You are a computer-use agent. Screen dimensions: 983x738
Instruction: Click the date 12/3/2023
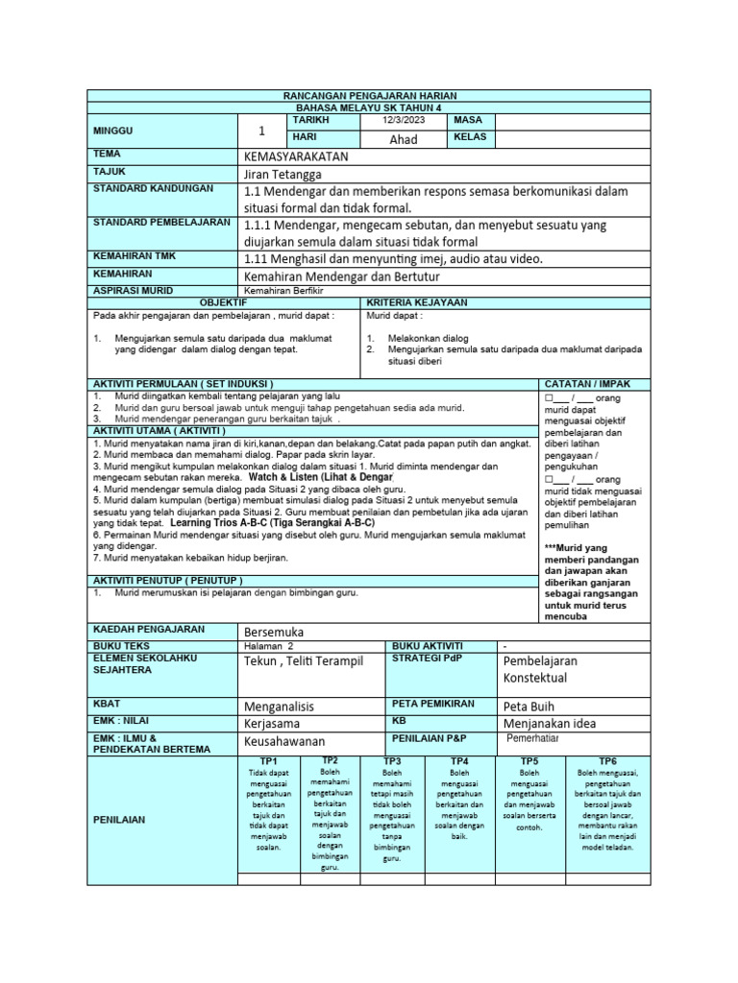pyautogui.click(x=402, y=121)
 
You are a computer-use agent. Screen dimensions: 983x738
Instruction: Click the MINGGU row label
pyautogui.click(x=113, y=130)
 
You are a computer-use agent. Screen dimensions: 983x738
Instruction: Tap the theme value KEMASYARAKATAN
pyautogui.click(x=297, y=156)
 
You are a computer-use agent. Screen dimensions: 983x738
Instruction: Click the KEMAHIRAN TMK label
pyautogui.click(x=136, y=258)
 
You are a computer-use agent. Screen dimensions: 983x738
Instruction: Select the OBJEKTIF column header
pyautogui.click(x=223, y=301)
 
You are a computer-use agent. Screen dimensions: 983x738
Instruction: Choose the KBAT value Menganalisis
pyautogui.click(x=280, y=706)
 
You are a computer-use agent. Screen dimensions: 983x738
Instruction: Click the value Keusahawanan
pyautogui.click(x=285, y=741)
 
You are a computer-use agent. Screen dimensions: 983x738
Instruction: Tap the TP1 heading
pyautogui.click(x=268, y=760)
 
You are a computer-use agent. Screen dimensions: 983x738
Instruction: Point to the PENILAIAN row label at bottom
pyautogui.click(x=118, y=820)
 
